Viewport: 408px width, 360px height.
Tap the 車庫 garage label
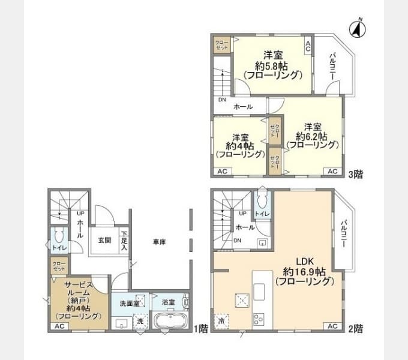(159, 242)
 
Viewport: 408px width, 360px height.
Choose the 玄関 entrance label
(104, 240)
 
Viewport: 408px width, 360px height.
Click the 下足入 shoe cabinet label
(124, 239)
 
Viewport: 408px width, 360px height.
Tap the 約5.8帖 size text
(272, 64)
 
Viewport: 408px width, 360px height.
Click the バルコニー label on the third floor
(332, 67)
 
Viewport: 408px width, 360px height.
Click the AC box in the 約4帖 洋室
(222, 172)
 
